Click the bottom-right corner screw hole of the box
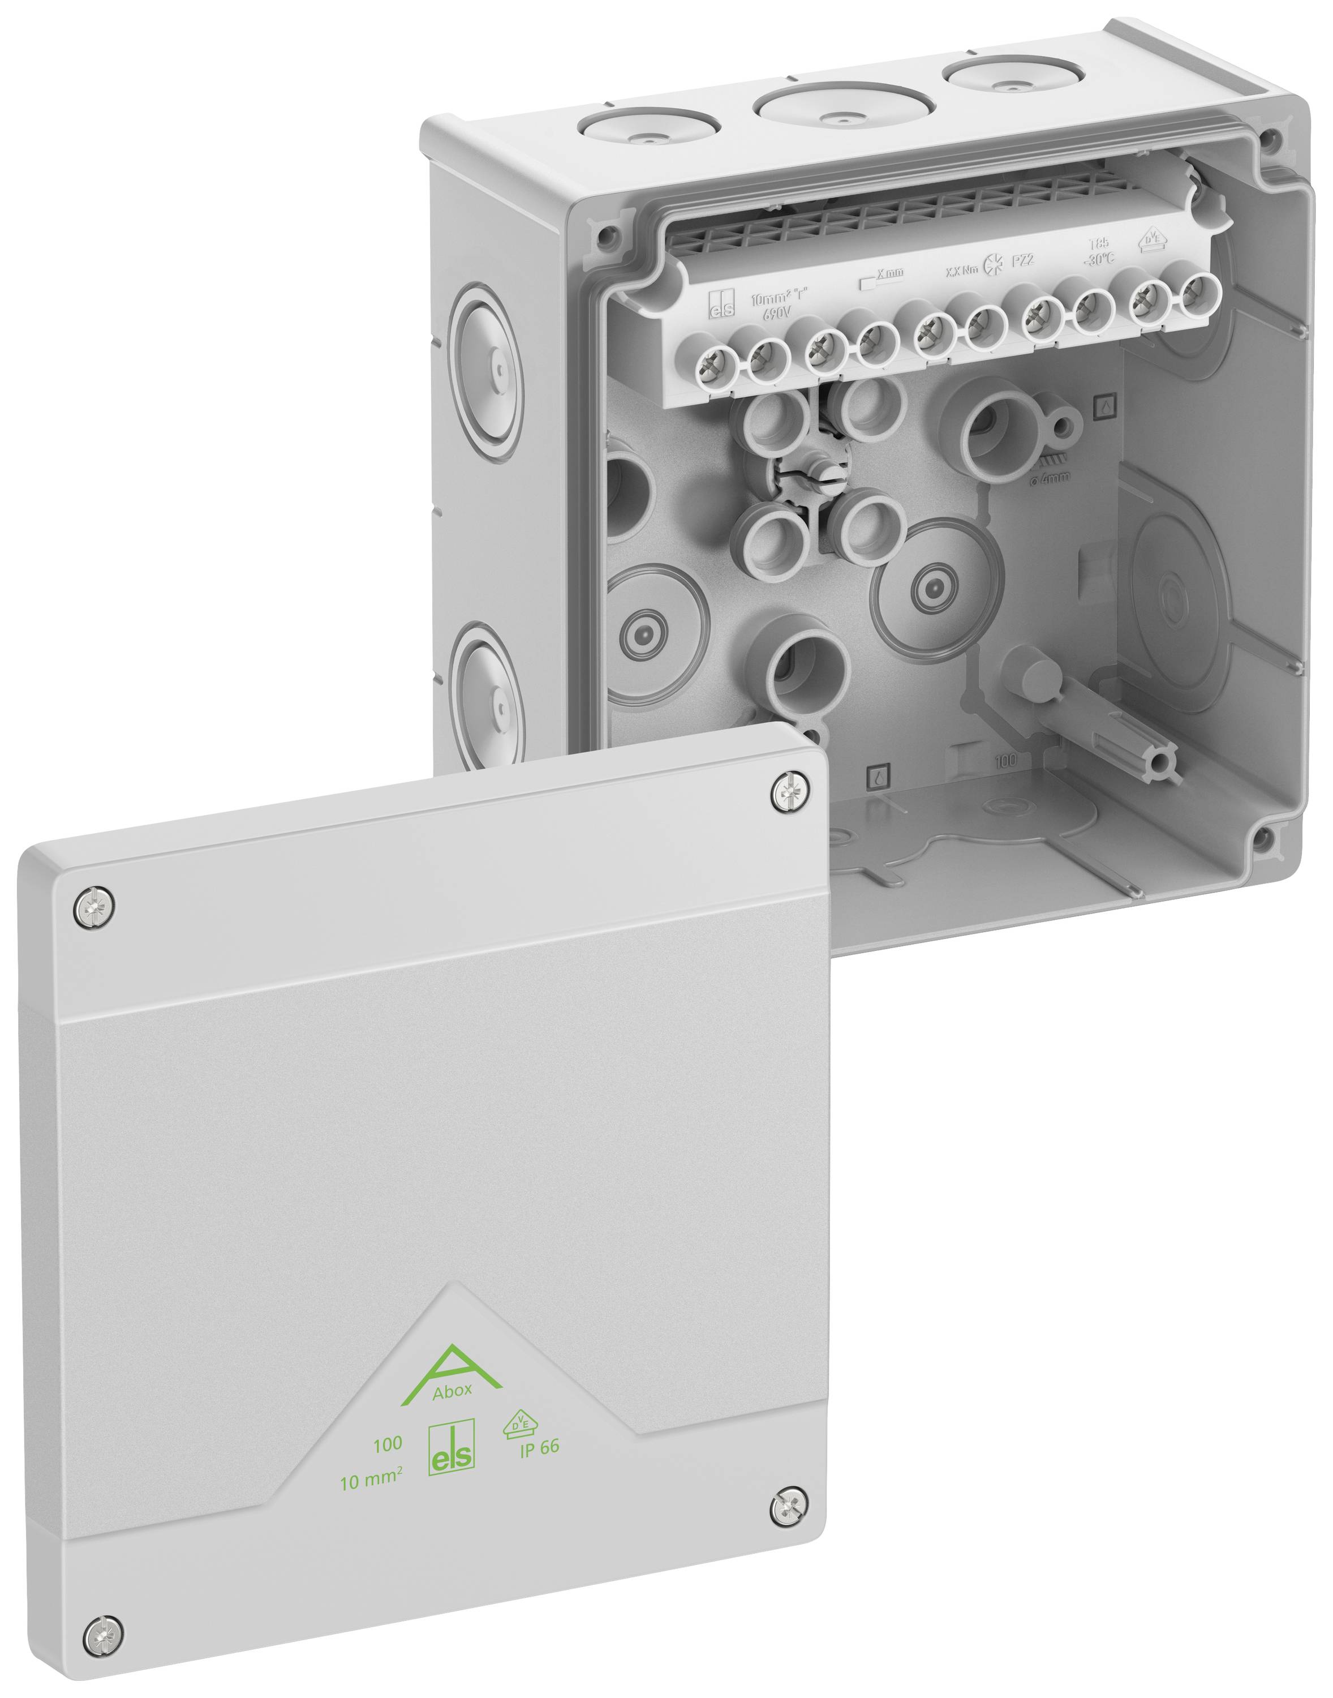click(1259, 838)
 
